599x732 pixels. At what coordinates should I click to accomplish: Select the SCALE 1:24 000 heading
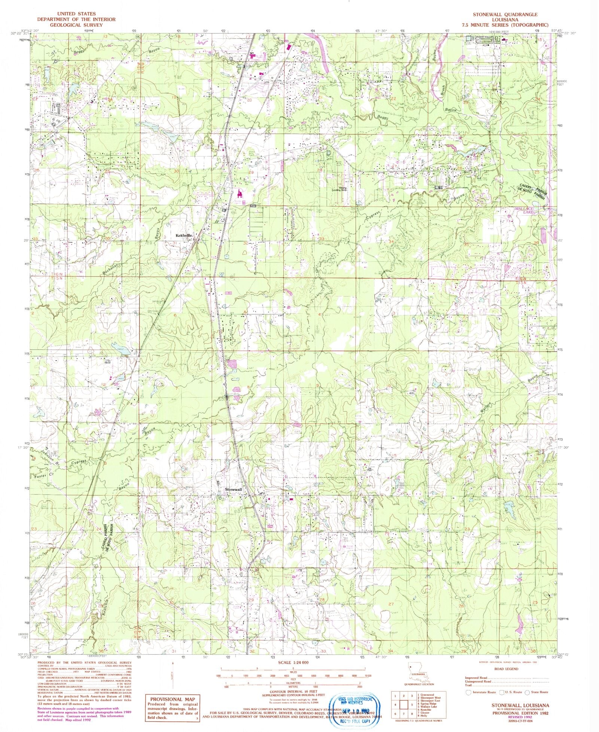click(x=293, y=663)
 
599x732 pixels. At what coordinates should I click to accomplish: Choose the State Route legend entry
click(x=538, y=692)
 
